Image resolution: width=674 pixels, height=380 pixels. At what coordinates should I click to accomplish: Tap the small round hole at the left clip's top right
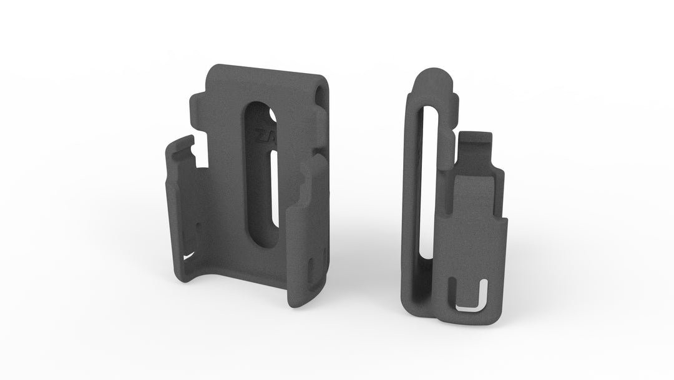pyautogui.click(x=321, y=94)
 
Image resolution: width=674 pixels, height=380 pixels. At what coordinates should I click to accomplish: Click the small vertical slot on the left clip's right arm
pyautogui.click(x=311, y=269)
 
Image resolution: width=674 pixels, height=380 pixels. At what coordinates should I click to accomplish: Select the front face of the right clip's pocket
pyautogui.click(x=477, y=237)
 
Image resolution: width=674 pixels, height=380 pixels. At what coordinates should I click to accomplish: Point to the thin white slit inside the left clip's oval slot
pyautogui.click(x=275, y=187)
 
